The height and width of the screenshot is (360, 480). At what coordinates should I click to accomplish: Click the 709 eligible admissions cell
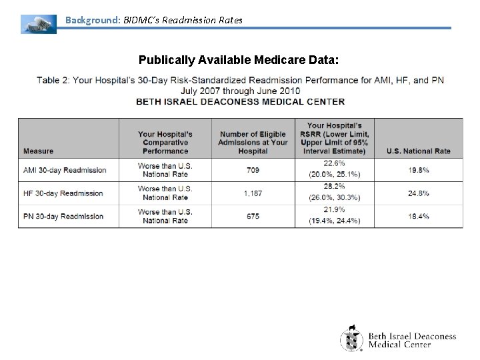(x=253, y=170)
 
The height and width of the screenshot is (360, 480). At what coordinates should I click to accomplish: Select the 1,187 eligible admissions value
(x=253, y=193)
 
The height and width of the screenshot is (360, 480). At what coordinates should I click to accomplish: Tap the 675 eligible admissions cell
(x=253, y=216)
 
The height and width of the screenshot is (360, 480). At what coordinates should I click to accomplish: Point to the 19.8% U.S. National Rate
(x=418, y=170)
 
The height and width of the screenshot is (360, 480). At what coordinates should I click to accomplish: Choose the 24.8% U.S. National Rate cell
(x=418, y=193)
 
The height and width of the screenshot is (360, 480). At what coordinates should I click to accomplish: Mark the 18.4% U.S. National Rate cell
(x=418, y=216)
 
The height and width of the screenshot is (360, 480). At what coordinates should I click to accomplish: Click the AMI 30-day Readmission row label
(x=65, y=170)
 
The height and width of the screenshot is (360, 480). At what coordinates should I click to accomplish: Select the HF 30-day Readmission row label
(x=63, y=193)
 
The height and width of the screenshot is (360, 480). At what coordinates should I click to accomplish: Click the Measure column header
(x=38, y=151)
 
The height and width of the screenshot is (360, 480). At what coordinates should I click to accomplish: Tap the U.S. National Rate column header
(x=418, y=151)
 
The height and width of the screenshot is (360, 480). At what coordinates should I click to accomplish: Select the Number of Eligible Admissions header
(x=253, y=142)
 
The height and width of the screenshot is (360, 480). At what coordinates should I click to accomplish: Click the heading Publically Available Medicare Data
(x=239, y=61)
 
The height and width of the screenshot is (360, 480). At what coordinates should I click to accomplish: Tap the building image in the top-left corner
(x=38, y=23)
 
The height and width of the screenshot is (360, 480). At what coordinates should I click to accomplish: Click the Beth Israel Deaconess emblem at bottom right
(x=352, y=338)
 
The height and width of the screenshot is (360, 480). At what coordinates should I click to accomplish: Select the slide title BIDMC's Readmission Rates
(x=154, y=20)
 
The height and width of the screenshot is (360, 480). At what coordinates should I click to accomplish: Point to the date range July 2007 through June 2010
(x=240, y=91)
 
